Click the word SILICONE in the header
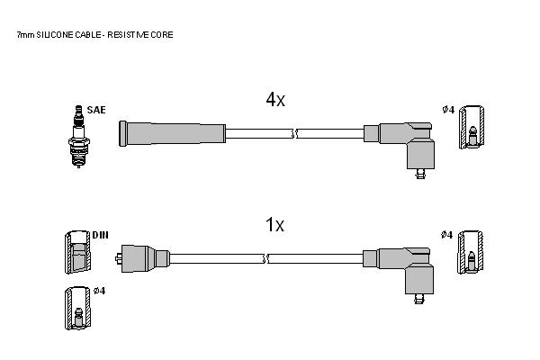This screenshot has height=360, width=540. pyautogui.click(x=55, y=35)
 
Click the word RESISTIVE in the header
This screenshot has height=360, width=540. pyautogui.click(x=127, y=35)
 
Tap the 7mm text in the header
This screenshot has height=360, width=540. pyautogui.click(x=25, y=35)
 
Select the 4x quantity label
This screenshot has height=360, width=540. pyautogui.click(x=275, y=100)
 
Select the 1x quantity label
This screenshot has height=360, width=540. pyautogui.click(x=274, y=225)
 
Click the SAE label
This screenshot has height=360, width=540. pyautogui.click(x=96, y=110)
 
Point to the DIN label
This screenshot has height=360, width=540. pyautogui.click(x=100, y=235)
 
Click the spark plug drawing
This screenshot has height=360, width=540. pyautogui.click(x=79, y=137)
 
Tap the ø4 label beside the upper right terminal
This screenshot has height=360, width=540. pyautogui.click(x=448, y=110)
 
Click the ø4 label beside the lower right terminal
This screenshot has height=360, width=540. pyautogui.click(x=446, y=235)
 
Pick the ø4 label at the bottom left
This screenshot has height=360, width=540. pyautogui.click(x=100, y=291)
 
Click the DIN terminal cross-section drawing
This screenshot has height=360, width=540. pyautogui.click(x=78, y=253)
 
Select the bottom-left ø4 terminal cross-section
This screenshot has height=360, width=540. pyautogui.click(x=78, y=309)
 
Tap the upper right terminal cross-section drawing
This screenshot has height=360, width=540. pyautogui.click(x=472, y=128)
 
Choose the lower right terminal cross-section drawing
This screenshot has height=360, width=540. pyautogui.click(x=470, y=253)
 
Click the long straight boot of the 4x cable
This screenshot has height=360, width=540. pyautogui.click(x=172, y=134)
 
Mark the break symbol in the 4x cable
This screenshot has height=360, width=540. pyautogui.click(x=295, y=134)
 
